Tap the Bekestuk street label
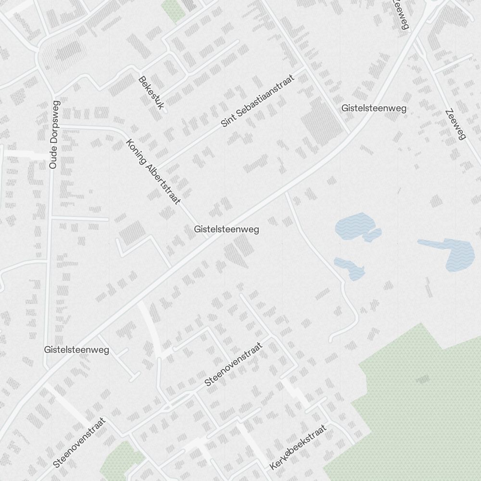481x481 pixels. coord(151,92)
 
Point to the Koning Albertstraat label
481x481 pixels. coord(152,172)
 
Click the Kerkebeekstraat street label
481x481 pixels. coord(298,447)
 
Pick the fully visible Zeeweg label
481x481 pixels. coord(456,125)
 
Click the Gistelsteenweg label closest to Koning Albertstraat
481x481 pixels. coord(227,229)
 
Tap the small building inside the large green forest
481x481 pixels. coord(423,379)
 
